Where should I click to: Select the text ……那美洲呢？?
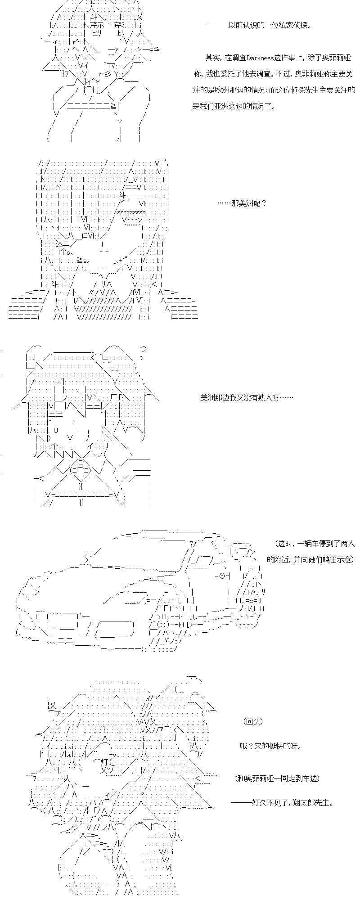click(242, 203)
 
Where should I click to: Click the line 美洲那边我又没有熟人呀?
click(247, 398)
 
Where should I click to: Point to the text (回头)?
click(253, 721)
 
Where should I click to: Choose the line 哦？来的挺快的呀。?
click(270, 746)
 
